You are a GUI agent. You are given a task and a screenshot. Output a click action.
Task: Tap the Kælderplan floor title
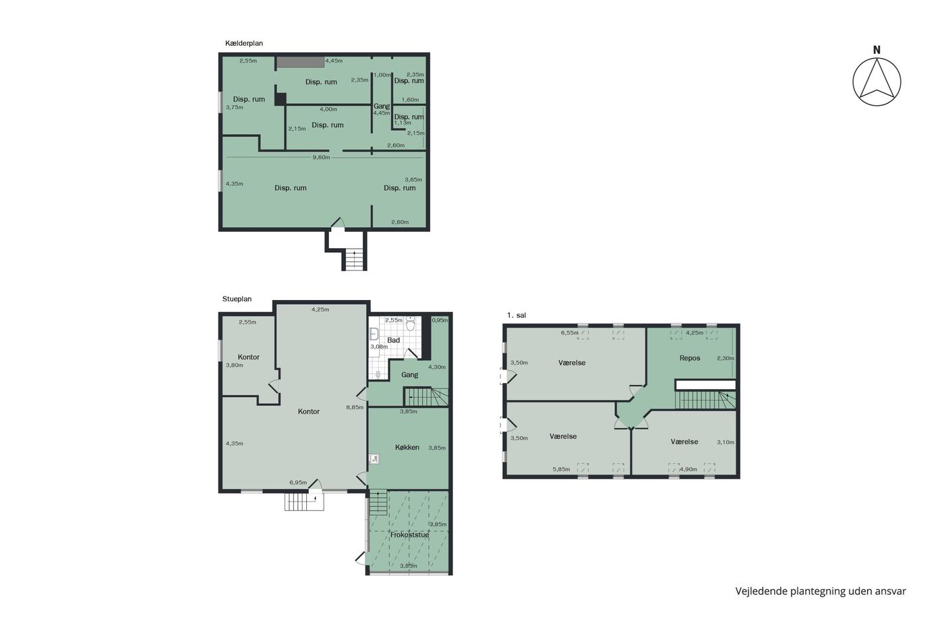(x=244, y=43)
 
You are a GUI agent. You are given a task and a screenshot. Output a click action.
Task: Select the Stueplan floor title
(x=237, y=299)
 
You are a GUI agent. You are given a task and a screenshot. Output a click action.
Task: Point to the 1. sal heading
(x=517, y=315)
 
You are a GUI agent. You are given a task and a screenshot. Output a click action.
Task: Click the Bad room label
(x=393, y=340)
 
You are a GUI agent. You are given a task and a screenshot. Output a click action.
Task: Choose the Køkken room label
(x=407, y=448)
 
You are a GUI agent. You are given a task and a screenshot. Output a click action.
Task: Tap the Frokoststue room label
(x=409, y=535)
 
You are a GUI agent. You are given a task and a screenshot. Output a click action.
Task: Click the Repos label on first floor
(x=690, y=358)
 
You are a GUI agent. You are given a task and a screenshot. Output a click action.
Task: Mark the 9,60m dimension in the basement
(x=321, y=158)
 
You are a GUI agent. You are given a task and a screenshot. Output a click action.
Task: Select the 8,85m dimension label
(x=355, y=407)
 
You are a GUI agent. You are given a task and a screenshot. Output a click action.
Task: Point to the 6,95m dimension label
(x=298, y=483)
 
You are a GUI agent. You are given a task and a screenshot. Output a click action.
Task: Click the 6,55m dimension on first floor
(x=569, y=333)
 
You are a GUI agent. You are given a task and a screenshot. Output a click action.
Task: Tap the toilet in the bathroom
(x=411, y=324)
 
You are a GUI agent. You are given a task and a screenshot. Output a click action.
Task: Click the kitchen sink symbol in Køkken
(x=374, y=459)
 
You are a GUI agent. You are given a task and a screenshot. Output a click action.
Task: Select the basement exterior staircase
(x=355, y=260)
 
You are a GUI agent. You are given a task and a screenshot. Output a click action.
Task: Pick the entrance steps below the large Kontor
(x=304, y=502)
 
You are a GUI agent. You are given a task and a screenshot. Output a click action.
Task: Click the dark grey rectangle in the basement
(x=300, y=62)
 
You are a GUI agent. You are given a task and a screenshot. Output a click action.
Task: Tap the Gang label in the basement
(x=382, y=107)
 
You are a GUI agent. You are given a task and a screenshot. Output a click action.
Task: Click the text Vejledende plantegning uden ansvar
(x=821, y=591)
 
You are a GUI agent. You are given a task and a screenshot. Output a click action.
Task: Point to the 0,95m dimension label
(x=440, y=320)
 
